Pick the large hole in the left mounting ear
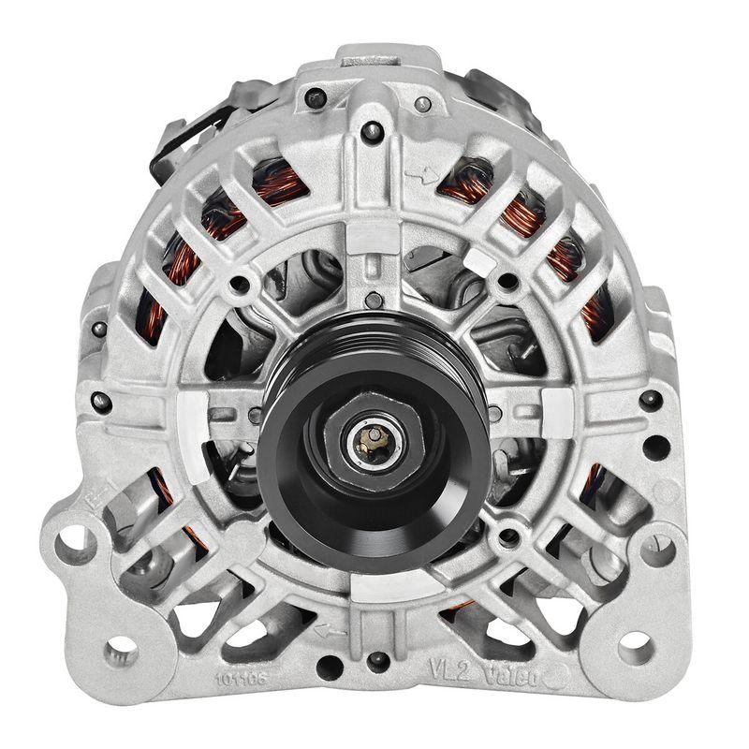tap(75, 540)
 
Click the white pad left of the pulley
tap(193, 412)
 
